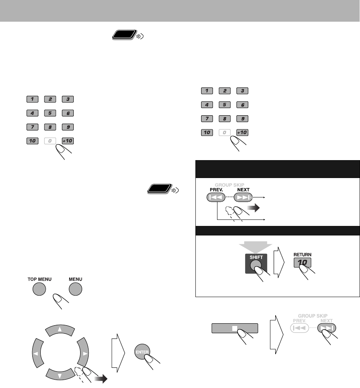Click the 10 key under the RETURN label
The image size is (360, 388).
click(x=303, y=262)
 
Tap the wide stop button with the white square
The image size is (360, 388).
click(x=235, y=328)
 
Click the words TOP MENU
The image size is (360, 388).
click(x=36, y=279)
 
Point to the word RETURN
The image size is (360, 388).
click(x=303, y=252)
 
